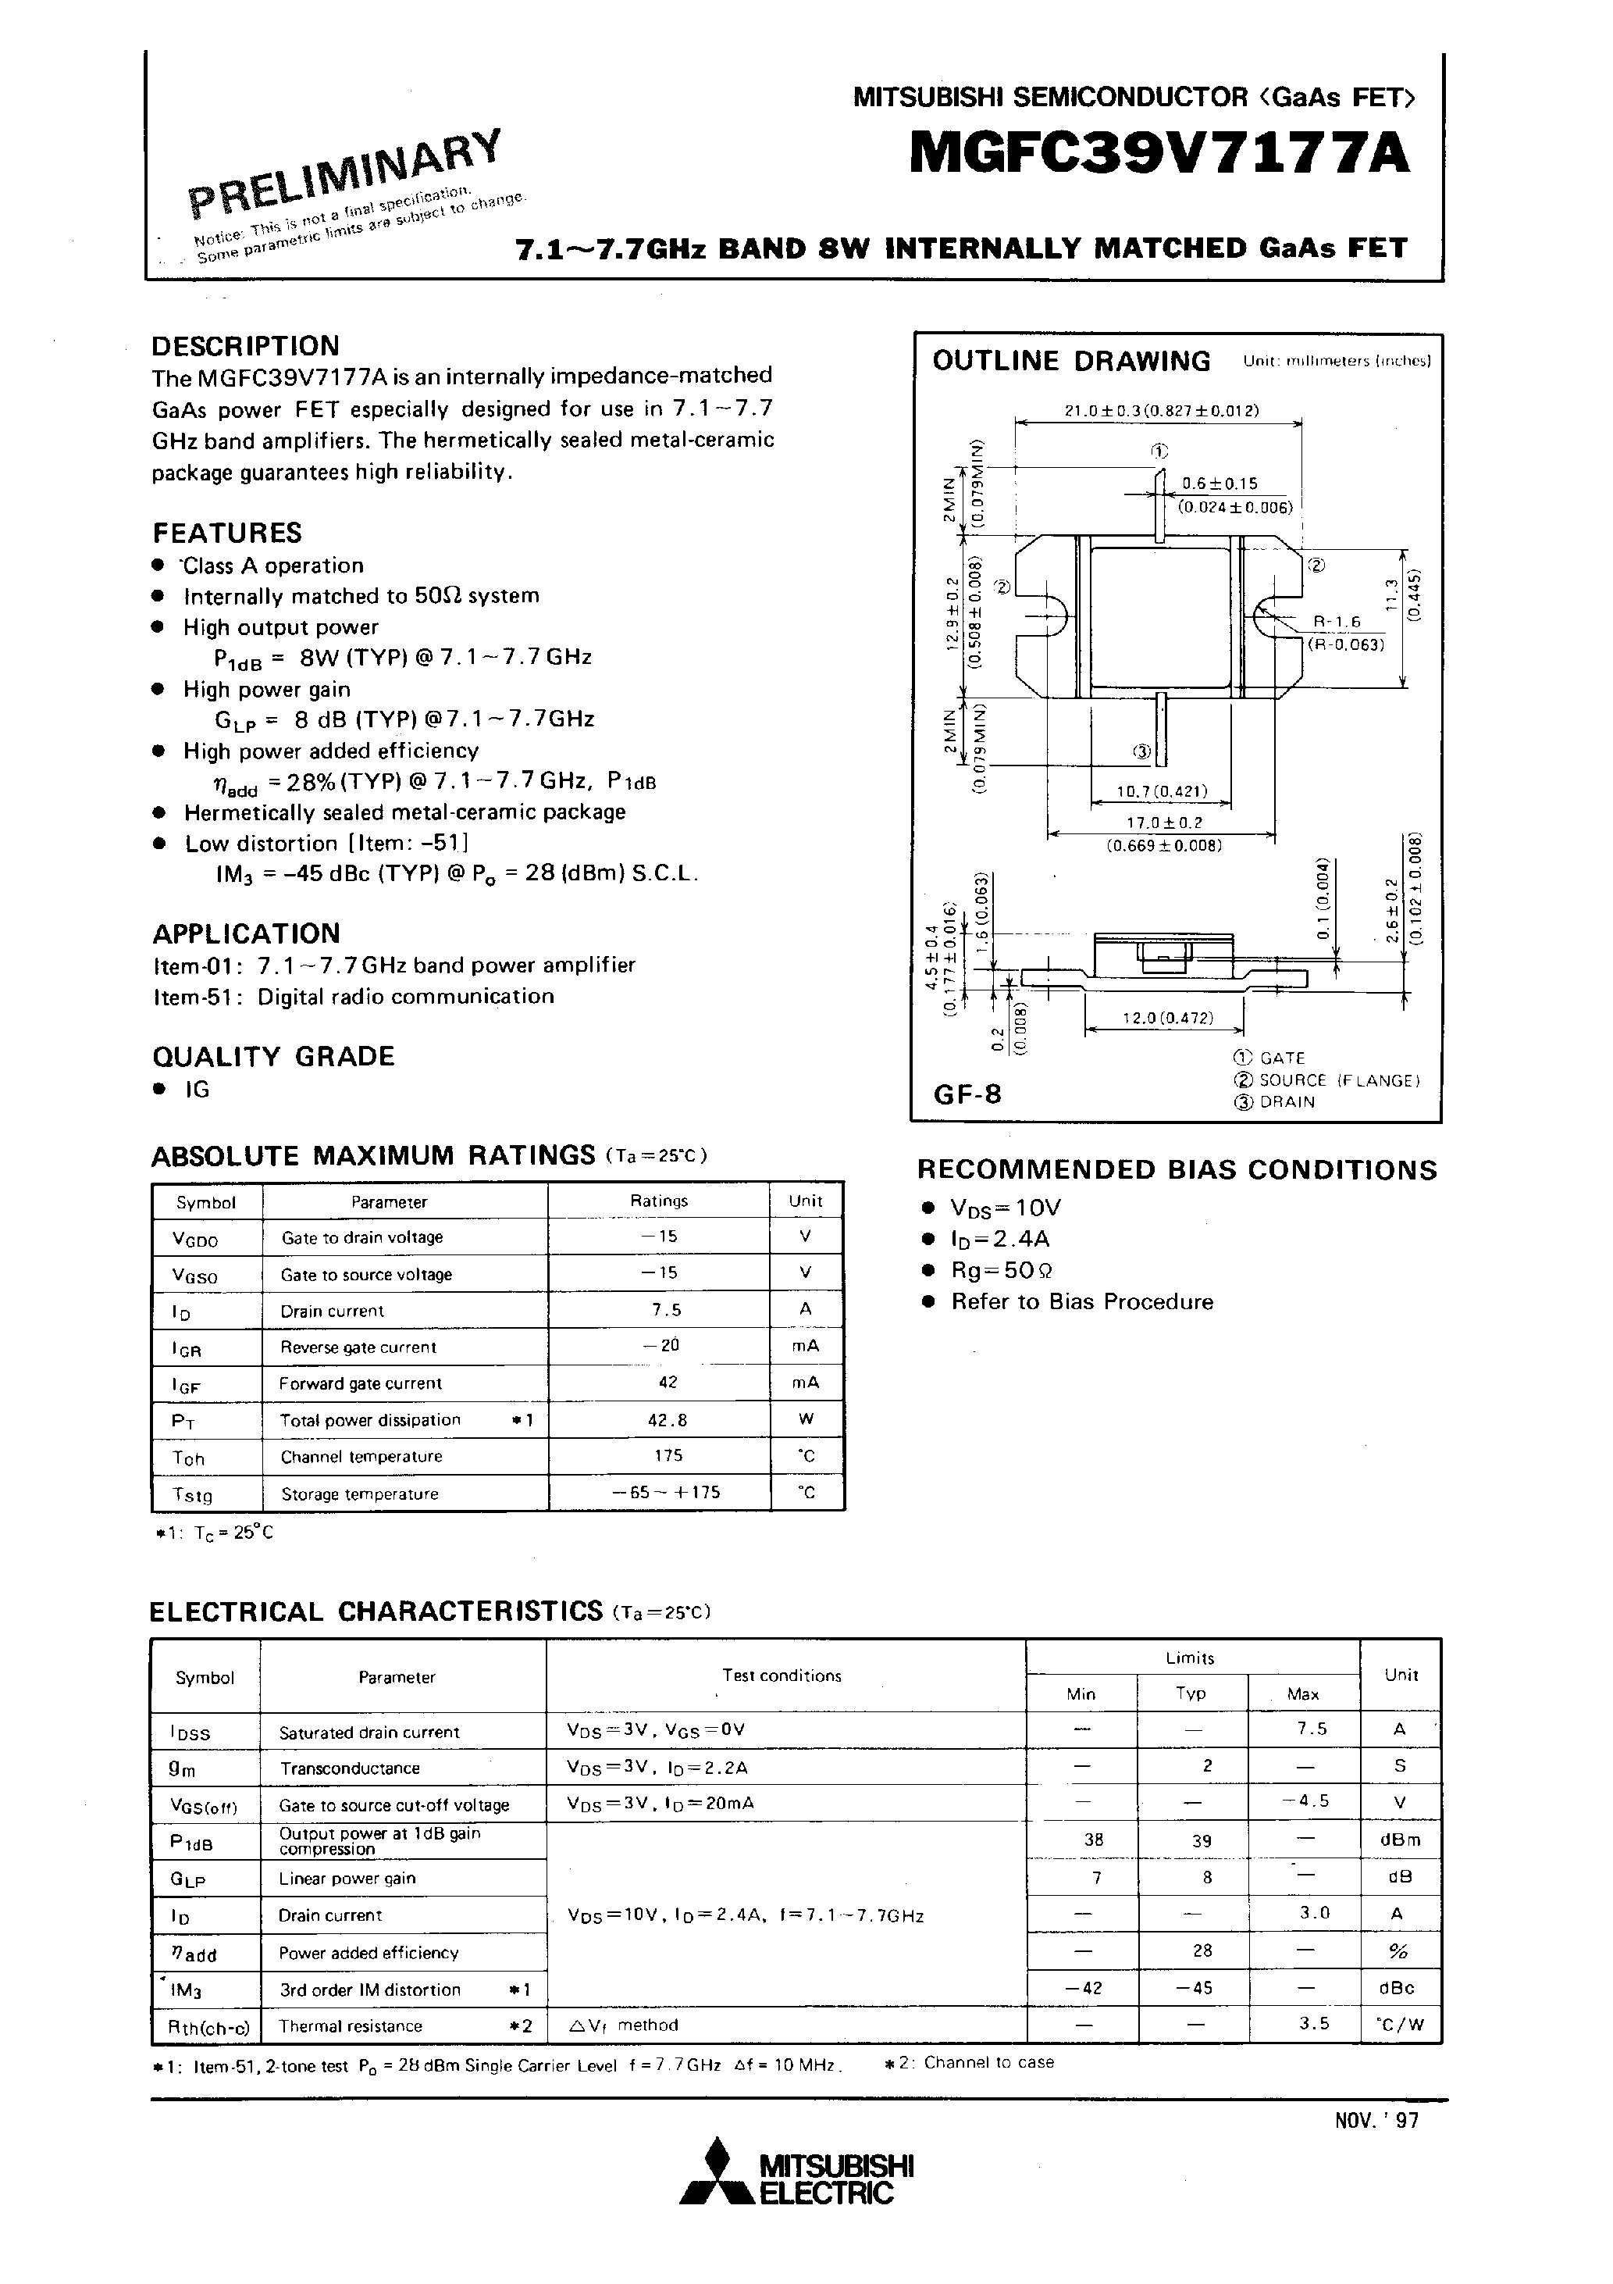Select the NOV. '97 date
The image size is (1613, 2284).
1376,2120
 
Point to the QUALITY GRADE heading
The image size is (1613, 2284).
273,1056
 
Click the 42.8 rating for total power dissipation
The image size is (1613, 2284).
668,1421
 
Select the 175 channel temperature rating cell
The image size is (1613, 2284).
668,1456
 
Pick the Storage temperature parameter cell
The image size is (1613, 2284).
360,1494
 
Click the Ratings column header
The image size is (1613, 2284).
658,1201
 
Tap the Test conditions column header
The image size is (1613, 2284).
782,1676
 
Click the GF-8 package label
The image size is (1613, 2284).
967,1094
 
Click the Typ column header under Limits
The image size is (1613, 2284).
1191,1693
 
